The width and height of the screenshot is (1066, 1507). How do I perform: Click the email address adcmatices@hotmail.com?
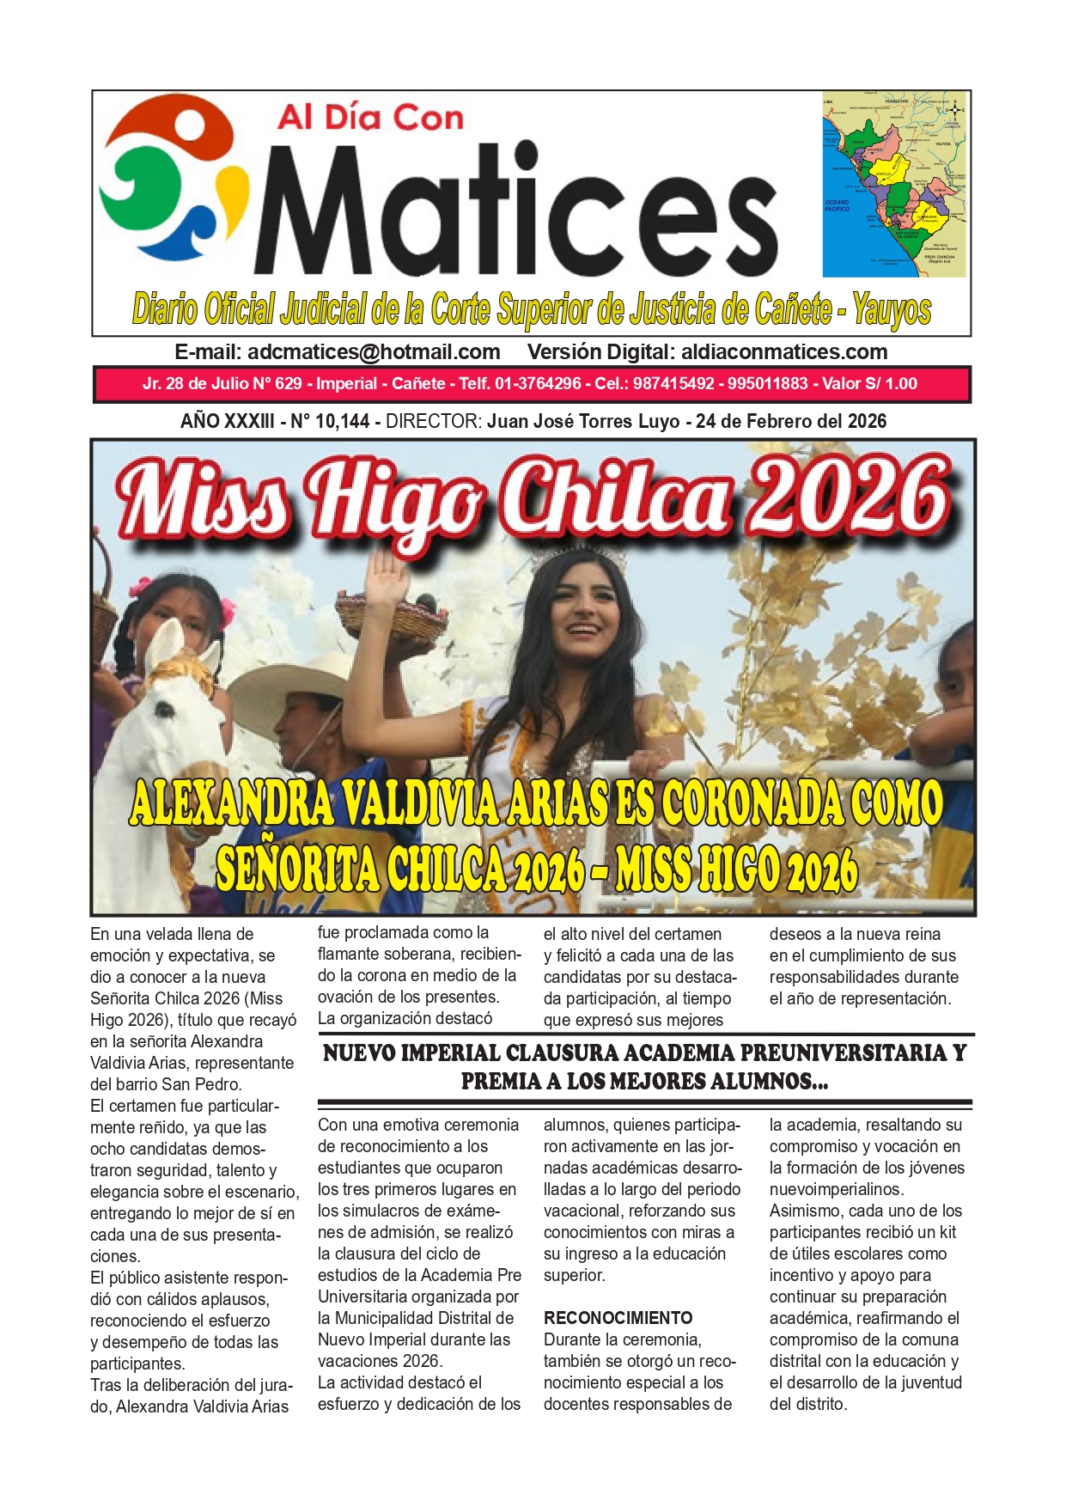(374, 352)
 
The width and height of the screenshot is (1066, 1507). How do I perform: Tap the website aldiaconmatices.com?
(783, 352)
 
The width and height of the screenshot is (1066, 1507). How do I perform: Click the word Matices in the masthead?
(515, 210)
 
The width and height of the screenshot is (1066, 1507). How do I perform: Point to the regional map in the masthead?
(894, 184)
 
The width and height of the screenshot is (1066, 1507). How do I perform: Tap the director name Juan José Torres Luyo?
(583, 421)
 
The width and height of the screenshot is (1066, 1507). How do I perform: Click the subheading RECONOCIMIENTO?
(618, 1318)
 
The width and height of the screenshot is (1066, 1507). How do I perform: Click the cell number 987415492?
(673, 384)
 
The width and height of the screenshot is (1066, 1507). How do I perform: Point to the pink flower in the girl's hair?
(228, 613)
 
